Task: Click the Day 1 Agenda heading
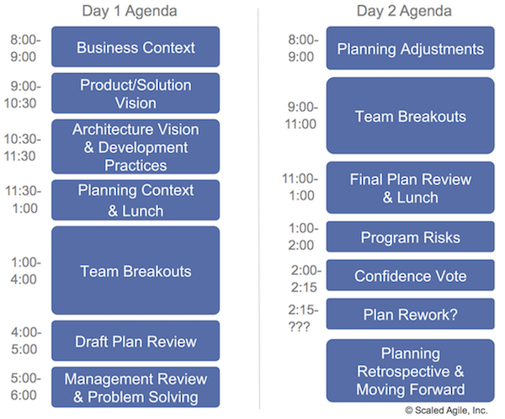pos(136,11)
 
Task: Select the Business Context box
pos(136,47)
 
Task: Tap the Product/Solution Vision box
pos(136,93)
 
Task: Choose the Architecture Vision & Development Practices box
pos(136,147)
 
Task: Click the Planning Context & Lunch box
pos(136,200)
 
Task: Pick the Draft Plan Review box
pos(136,341)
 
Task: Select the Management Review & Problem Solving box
pos(136,387)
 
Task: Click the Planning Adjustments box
pos(411,48)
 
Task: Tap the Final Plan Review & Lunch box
pos(411,188)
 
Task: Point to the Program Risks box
pos(411,237)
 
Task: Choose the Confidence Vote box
pos(411,276)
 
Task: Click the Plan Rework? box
pos(411,314)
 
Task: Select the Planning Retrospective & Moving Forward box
pos(411,371)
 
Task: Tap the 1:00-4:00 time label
pos(24,272)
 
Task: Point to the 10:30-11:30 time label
pos(24,147)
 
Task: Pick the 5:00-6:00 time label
pos(24,387)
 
